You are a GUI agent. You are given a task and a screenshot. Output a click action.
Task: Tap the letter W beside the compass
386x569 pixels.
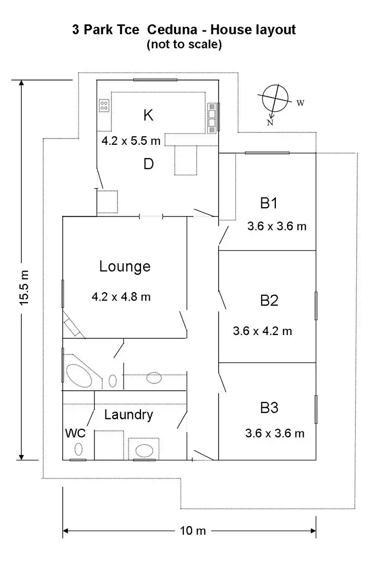(x=300, y=103)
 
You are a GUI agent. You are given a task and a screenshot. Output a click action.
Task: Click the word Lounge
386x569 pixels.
(x=125, y=266)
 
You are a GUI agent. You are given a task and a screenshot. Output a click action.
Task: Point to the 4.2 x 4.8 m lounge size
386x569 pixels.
(x=121, y=296)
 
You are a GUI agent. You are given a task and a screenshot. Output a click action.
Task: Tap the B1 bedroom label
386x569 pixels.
(x=269, y=203)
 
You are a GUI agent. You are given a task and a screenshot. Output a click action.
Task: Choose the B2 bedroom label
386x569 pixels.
(x=269, y=300)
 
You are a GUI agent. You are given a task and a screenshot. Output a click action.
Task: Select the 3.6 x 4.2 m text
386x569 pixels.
(x=262, y=331)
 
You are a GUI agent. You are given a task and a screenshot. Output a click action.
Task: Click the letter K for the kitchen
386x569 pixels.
(x=148, y=115)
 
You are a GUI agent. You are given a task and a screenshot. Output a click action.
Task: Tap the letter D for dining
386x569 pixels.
(x=148, y=164)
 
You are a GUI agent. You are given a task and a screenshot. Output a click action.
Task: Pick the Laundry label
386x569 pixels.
(x=129, y=414)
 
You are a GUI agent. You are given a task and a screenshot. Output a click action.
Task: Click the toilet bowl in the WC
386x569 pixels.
(x=79, y=449)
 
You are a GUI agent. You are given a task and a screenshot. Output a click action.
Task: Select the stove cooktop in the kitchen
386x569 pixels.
(x=104, y=106)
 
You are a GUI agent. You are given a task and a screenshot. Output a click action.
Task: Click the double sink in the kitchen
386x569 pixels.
(x=212, y=119)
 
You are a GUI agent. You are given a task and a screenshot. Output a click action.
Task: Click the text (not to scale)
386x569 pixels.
(x=184, y=44)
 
